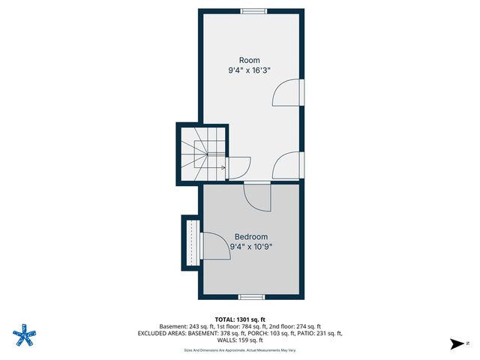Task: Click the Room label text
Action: click(x=250, y=60)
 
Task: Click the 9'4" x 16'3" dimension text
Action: click(x=250, y=70)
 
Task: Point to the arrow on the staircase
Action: click(x=223, y=168)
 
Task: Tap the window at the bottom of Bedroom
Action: click(x=250, y=297)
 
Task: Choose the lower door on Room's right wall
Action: click(x=289, y=164)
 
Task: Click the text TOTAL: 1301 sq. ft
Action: click(x=239, y=318)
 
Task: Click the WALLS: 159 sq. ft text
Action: click(x=239, y=340)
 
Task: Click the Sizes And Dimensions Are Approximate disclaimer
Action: click(x=239, y=349)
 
